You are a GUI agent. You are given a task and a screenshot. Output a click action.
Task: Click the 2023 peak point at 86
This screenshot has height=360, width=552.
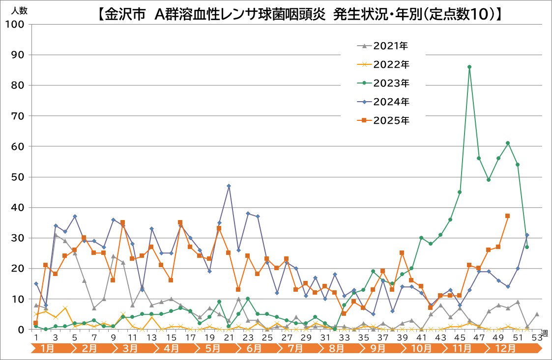coord(469,67)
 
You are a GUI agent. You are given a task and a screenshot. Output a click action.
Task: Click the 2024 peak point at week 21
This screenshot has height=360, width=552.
coord(229,186)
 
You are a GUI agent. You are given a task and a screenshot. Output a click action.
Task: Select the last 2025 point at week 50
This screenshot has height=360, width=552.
coord(508,216)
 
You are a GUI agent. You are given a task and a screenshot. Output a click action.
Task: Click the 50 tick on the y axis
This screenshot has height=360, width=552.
coord(16,177)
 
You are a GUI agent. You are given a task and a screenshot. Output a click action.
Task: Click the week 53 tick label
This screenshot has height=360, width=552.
coord(536,338)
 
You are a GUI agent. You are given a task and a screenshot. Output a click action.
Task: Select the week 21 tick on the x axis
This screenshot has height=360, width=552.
coord(229,338)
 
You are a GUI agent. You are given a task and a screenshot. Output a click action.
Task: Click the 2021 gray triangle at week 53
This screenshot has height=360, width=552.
coord(537,314)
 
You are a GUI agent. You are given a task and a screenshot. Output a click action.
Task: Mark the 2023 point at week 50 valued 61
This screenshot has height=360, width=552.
coord(508,143)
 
